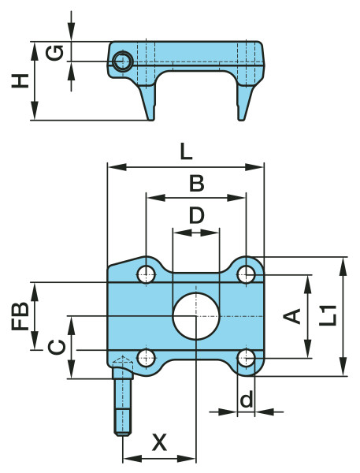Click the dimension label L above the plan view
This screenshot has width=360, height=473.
tap(185, 152)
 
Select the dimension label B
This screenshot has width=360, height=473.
tap(196, 184)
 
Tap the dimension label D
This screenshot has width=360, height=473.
tap(196, 215)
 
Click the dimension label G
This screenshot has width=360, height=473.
tap(54, 53)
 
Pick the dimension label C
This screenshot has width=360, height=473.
tap(55, 347)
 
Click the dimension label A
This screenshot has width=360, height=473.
tap(292, 316)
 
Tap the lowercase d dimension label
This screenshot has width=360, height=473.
tap(247, 400)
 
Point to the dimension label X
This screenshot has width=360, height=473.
tap(159, 442)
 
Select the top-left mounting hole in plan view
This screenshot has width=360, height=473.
tap(146, 274)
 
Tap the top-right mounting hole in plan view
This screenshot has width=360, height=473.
tap(247, 274)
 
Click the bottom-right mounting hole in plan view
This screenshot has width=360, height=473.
tap(247, 359)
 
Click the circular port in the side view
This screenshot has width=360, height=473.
tap(121, 61)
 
